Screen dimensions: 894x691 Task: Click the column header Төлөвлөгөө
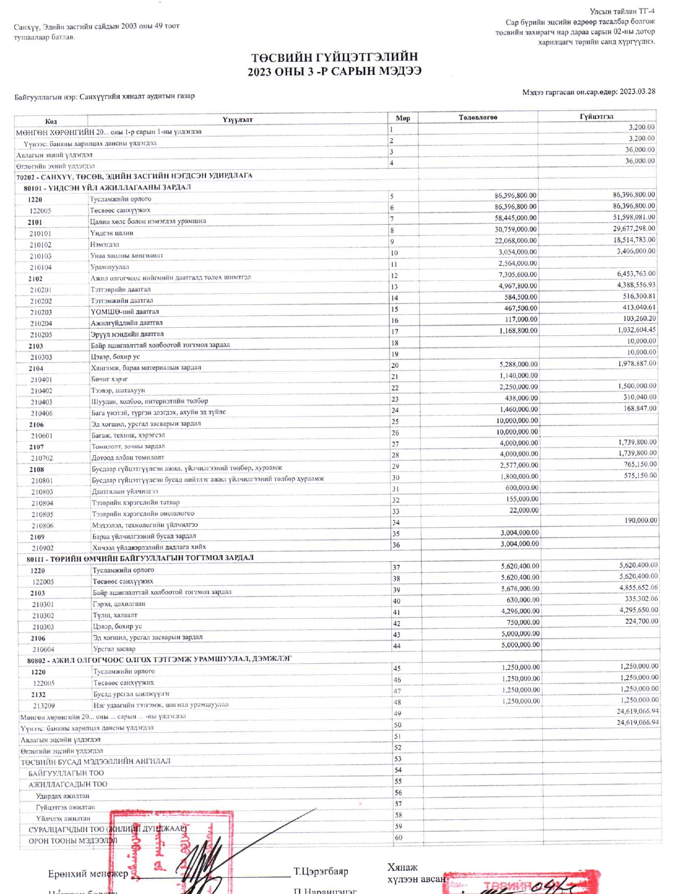point(477,117)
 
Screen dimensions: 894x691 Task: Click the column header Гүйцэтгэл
point(596,116)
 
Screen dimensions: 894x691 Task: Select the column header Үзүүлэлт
point(237,119)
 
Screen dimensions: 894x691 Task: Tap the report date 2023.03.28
point(637,92)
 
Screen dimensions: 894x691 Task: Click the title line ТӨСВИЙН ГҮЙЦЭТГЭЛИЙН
point(334,57)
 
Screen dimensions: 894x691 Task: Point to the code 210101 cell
point(40,234)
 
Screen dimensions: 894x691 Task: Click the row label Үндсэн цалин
point(112,233)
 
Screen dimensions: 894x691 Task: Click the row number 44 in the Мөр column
point(397,646)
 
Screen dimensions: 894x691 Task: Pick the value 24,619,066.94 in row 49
point(638,711)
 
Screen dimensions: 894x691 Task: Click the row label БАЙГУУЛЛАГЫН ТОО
point(66,773)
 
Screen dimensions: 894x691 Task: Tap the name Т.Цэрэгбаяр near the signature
point(321,871)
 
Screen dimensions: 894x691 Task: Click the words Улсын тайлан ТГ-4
point(622,11)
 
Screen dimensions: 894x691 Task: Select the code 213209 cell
point(43,706)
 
